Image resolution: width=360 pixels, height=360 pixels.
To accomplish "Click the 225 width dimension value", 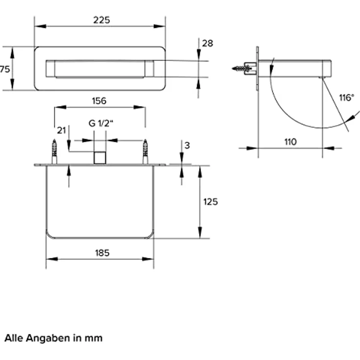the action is (101, 20).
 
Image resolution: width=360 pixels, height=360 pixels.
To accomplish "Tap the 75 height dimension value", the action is (5, 69).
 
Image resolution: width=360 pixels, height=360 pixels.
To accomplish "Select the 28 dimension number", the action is (207, 43).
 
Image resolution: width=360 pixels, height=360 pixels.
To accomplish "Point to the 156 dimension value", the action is (99, 101).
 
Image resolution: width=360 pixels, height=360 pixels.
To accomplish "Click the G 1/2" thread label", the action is (101, 123).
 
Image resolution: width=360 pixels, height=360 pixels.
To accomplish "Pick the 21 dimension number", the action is (61, 131).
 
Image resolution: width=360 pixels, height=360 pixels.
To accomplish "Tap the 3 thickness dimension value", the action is (187, 145).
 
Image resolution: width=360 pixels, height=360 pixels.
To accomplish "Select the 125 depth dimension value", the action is (210, 202).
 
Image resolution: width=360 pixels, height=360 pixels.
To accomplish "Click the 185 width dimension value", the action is (102, 253).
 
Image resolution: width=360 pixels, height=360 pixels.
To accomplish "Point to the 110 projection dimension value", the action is (291, 142).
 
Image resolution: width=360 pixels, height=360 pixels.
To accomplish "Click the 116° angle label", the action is (347, 97).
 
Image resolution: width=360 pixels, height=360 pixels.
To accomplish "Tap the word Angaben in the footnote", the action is (48, 338).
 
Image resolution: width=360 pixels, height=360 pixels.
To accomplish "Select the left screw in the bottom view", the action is (54, 152).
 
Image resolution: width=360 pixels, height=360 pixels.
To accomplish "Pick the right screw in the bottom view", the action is (145, 152).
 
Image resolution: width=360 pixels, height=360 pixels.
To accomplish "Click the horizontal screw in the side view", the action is (242, 68).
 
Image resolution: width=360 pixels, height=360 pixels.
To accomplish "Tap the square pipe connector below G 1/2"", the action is (100, 157).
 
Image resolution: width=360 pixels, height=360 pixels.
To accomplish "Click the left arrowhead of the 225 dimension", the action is (40, 26).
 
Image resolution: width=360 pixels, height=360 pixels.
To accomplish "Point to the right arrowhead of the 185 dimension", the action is (148, 259).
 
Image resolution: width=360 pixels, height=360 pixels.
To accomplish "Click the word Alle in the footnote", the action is (14, 338).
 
